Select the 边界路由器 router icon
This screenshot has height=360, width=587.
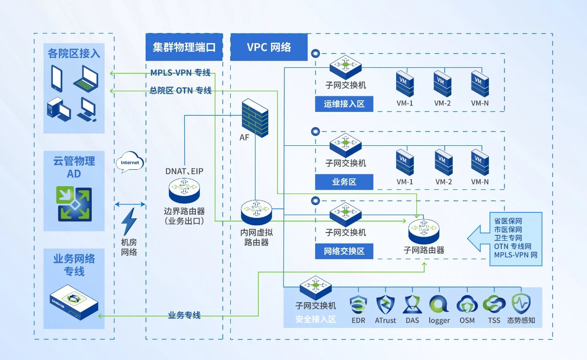(x=184, y=190)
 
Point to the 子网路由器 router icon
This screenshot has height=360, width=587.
(x=424, y=231)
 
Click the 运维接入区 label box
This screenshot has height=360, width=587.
(x=344, y=104)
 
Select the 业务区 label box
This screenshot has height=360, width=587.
(x=344, y=182)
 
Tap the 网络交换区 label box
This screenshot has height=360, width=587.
(x=344, y=251)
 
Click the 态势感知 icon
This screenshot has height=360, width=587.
(x=521, y=304)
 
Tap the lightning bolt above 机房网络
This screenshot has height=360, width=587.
(x=129, y=222)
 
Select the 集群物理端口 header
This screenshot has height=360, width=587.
(x=184, y=47)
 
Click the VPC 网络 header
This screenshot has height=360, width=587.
(x=269, y=47)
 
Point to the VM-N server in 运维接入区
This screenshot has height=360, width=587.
(x=480, y=83)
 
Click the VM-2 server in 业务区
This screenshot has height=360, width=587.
(x=443, y=162)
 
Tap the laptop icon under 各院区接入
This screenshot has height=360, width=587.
(x=86, y=78)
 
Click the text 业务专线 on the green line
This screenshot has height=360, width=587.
(x=184, y=316)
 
